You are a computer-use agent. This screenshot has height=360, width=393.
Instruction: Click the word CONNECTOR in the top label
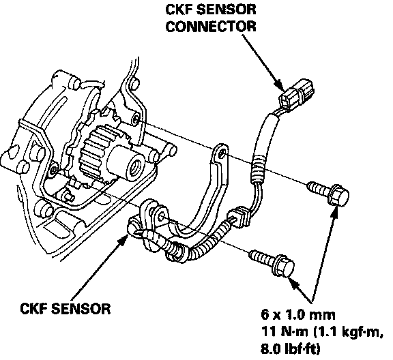[211, 27]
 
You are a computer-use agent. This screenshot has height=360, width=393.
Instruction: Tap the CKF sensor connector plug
[297, 93]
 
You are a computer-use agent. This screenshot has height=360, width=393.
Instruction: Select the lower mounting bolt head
[285, 265]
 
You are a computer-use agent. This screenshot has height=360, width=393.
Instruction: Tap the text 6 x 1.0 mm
[298, 314]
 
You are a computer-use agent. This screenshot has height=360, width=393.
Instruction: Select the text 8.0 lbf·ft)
[291, 348]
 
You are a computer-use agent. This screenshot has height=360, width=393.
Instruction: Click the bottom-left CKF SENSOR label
[65, 309]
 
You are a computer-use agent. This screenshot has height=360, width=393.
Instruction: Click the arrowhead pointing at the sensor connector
[280, 85]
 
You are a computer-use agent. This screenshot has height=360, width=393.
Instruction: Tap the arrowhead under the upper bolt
[334, 212]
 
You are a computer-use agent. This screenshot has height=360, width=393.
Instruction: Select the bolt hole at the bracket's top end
[222, 153]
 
